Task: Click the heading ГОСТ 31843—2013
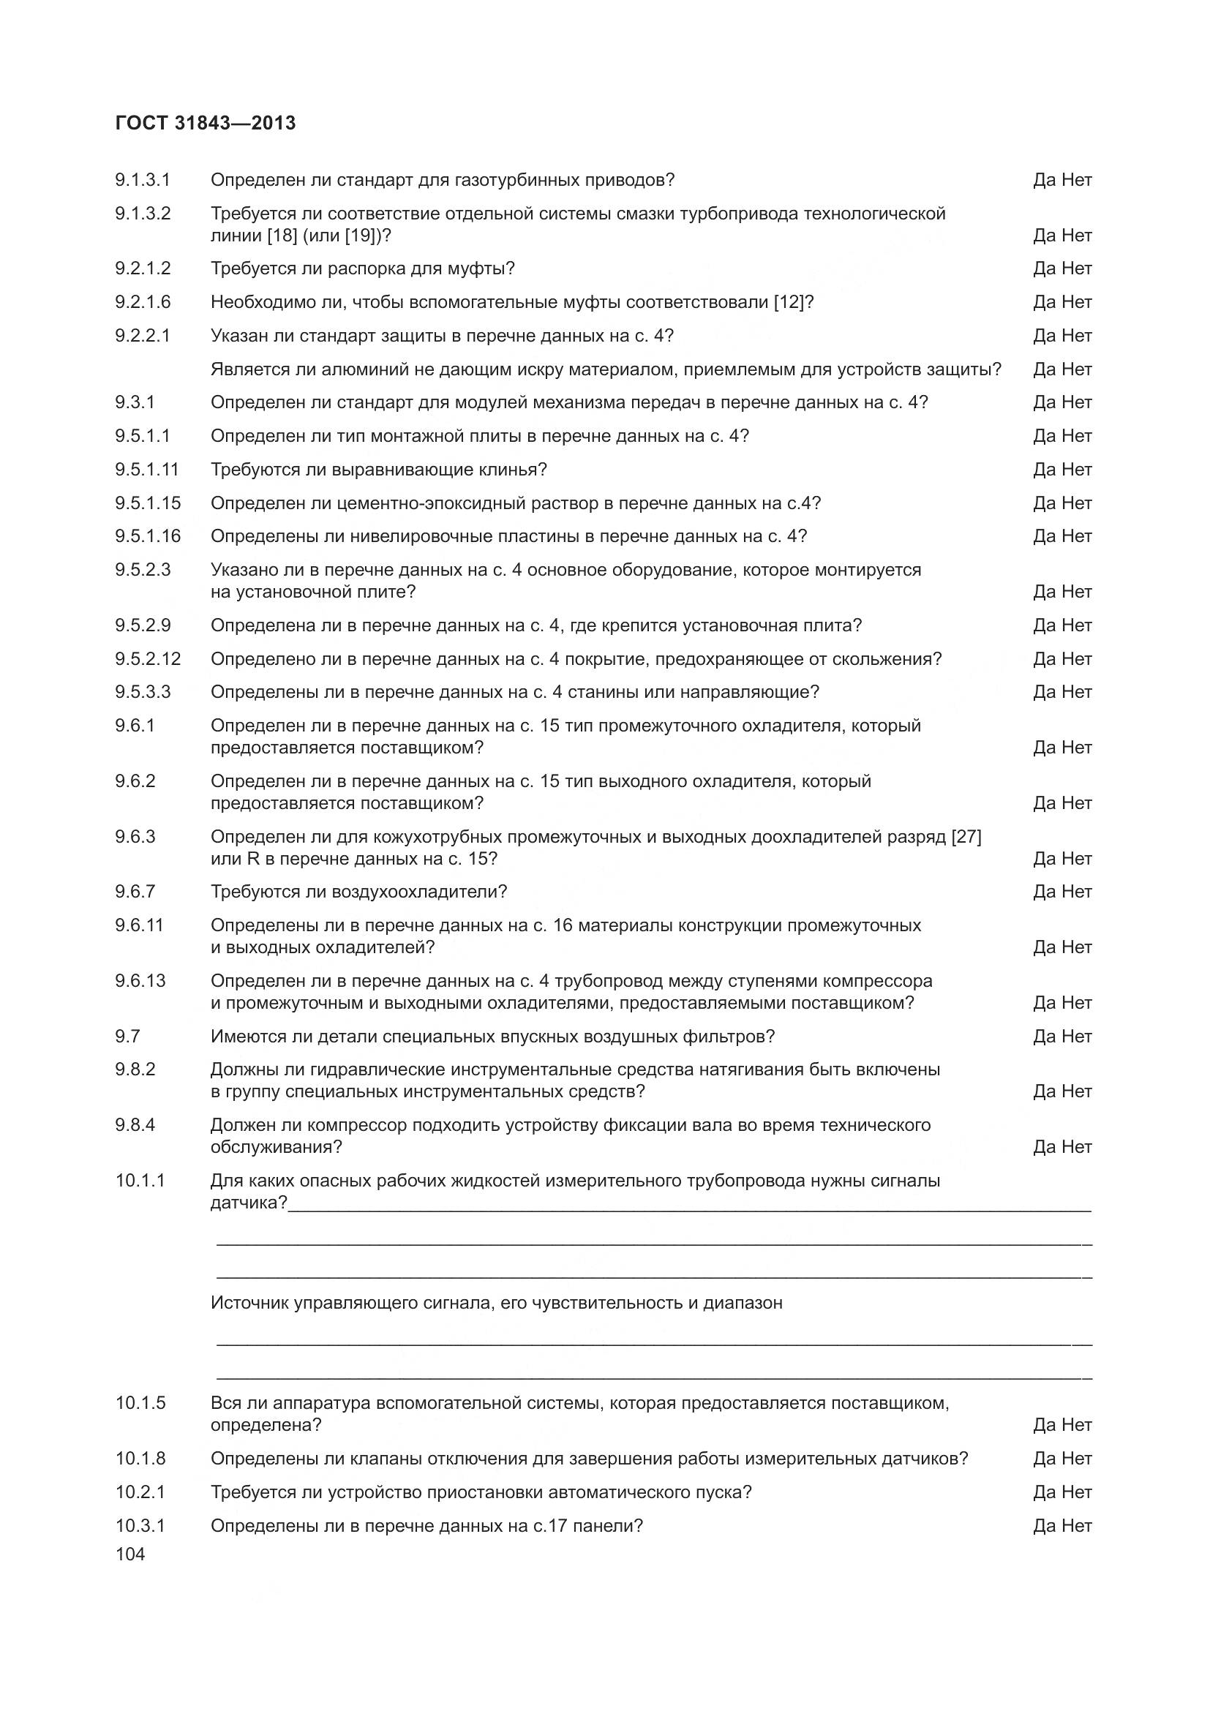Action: pyautogui.click(x=206, y=123)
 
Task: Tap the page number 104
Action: pyautogui.click(x=129, y=1554)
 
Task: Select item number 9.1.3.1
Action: pyautogui.click(x=143, y=180)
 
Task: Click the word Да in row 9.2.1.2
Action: pyautogui.click(x=1044, y=268)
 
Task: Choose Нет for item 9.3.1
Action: pyautogui.click(x=1077, y=402)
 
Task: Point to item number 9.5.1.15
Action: pyautogui.click(x=148, y=503)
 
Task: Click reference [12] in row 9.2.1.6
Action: pyautogui.click(x=789, y=302)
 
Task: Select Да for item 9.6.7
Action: pyautogui.click(x=1044, y=891)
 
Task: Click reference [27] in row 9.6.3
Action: pyautogui.click(x=966, y=837)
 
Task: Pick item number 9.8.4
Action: pyautogui.click(x=135, y=1124)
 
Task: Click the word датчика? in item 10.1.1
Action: pyautogui.click(x=249, y=1203)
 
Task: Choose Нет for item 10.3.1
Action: pyautogui.click(x=1077, y=1525)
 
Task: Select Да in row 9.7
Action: pyautogui.click(x=1044, y=1036)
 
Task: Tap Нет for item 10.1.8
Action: pyautogui.click(x=1077, y=1459)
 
